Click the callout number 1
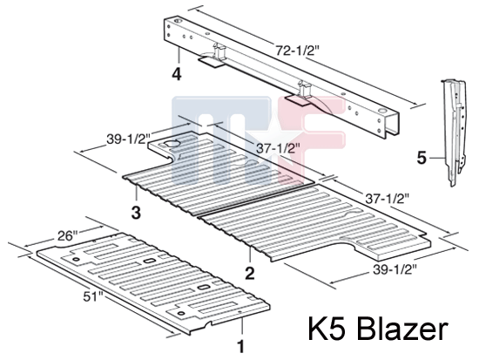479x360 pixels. [241, 347]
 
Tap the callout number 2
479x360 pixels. [250, 273]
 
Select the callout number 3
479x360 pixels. [136, 213]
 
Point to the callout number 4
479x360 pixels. [177, 74]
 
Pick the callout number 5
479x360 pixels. [422, 158]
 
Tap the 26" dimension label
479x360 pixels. [68, 236]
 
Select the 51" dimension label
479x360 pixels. [93, 296]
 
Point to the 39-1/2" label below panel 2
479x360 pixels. [395, 269]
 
